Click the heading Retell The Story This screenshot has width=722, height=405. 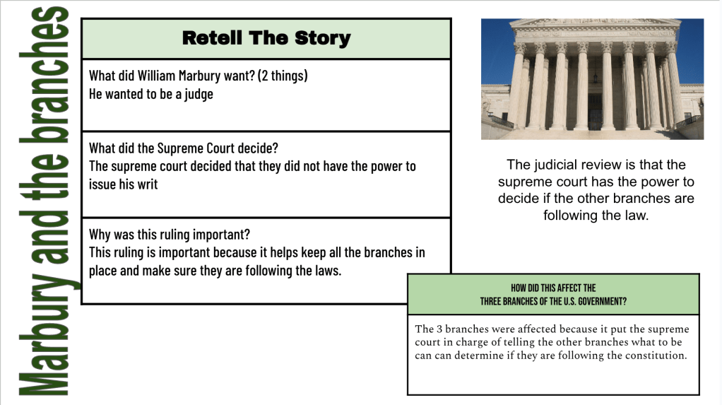pos(266,38)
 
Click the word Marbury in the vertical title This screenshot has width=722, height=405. pos(44,335)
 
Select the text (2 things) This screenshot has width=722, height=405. pos(283,76)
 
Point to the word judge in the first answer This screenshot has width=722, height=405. pos(199,95)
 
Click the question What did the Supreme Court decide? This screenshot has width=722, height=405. pos(183,148)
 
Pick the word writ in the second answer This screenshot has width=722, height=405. pos(148,184)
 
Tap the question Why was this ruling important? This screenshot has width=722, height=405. pos(170,235)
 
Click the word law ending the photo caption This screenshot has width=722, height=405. pos(637,215)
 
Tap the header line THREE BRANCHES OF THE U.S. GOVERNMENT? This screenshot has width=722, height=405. pos(553,301)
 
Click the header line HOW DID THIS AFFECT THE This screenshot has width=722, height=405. pos(553,288)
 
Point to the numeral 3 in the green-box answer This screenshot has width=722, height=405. pos(439,329)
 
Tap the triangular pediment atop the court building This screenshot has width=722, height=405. pos(594,22)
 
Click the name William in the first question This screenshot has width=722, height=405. pos(156,76)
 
